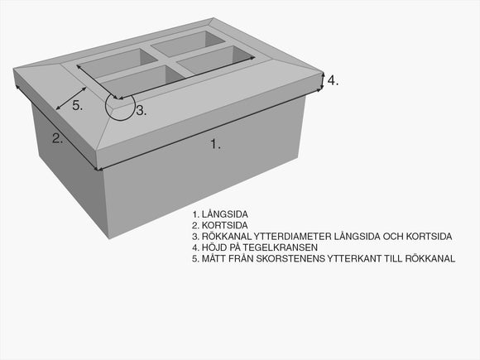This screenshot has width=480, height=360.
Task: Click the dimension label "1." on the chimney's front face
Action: tap(215, 144)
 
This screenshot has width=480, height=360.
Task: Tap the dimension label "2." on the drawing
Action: tap(57, 138)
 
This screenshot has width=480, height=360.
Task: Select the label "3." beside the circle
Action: tap(142, 110)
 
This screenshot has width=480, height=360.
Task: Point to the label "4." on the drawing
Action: tap(333, 80)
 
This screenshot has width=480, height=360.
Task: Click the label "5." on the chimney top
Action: tap(77, 105)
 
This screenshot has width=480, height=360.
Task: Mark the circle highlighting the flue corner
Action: tap(120, 106)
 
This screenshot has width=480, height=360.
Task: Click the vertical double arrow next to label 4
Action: tap(323, 79)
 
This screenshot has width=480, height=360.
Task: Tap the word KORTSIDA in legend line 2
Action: tap(223, 225)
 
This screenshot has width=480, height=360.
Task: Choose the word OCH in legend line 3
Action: tap(396, 237)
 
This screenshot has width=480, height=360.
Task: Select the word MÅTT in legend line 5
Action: tap(217, 259)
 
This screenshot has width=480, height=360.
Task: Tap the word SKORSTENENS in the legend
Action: tap(292, 259)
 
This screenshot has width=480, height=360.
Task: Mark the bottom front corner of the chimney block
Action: tap(108, 238)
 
